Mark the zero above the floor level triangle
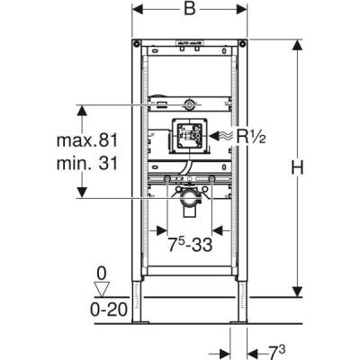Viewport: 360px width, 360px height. coord(103,271)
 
